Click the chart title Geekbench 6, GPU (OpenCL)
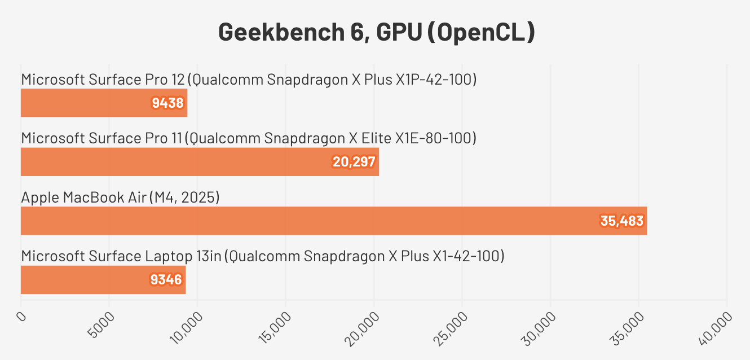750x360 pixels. pyautogui.click(x=376, y=33)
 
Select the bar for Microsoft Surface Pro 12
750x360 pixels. pyautogui.click(x=104, y=103)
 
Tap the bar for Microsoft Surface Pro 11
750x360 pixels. pyautogui.click(x=200, y=162)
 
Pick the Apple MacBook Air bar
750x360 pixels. pyautogui.click(x=333, y=221)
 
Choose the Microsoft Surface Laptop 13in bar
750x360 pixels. pyautogui.click(x=103, y=280)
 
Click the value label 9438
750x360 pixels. pyautogui.click(x=168, y=103)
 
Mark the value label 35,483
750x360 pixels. pyautogui.click(x=622, y=221)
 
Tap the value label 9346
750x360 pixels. pyautogui.click(x=166, y=280)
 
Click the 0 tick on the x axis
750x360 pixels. pyautogui.click(x=21, y=316)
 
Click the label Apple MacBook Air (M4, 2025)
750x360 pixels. pyautogui.click(x=120, y=197)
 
